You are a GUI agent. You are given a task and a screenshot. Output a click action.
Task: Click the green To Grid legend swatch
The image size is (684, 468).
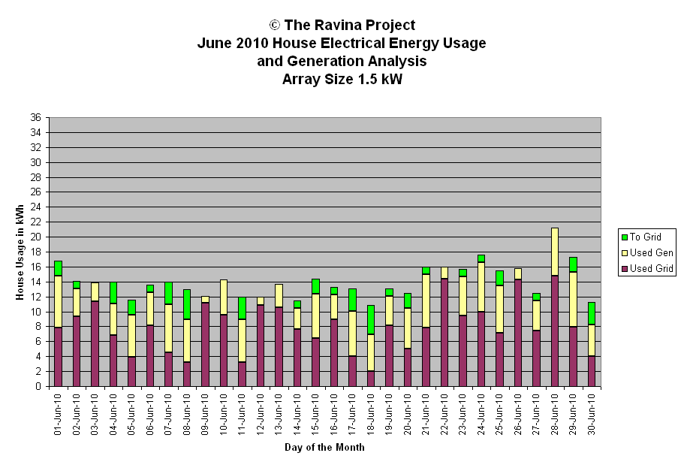(x=624, y=237)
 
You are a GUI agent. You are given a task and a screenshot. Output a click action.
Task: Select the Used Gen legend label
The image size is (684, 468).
(x=651, y=252)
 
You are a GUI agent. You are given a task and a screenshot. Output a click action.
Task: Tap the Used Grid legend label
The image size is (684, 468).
(x=651, y=268)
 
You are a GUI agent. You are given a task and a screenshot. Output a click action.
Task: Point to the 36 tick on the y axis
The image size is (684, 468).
(x=35, y=117)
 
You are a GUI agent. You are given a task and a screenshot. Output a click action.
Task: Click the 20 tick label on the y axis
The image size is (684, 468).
(x=35, y=237)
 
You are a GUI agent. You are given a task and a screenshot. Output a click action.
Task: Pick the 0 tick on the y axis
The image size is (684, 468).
(x=38, y=386)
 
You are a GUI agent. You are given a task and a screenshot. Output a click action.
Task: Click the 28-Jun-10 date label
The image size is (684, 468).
(x=555, y=415)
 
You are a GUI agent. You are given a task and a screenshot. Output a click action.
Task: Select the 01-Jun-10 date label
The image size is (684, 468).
(x=58, y=415)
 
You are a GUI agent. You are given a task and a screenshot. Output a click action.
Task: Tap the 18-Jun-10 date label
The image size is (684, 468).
(x=371, y=415)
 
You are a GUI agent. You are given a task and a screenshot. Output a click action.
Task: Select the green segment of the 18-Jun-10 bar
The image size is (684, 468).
(x=371, y=320)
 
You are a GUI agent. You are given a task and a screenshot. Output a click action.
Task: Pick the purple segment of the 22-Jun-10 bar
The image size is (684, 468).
(x=444, y=333)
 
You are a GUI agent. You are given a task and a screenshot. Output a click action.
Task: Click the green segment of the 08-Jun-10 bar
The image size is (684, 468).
(x=187, y=304)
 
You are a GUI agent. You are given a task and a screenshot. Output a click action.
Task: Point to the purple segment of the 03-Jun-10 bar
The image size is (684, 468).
(x=95, y=344)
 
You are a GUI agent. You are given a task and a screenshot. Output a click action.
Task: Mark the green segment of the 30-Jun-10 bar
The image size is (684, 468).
(x=592, y=313)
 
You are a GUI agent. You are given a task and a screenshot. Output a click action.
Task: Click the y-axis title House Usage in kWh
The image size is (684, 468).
(x=20, y=252)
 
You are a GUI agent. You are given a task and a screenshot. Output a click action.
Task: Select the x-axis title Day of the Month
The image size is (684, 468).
(x=324, y=447)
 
